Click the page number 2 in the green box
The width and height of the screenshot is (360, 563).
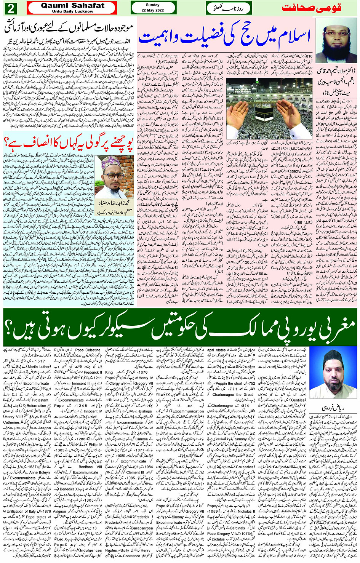tap(10, 8)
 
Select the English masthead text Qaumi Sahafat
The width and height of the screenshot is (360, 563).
tap(72, 5)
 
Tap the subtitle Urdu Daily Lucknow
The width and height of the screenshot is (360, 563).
tap(72, 11)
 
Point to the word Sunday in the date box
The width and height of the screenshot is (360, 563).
tap(153, 5)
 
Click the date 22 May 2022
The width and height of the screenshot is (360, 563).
tap(153, 11)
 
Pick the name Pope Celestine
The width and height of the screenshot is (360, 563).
tap(88, 350)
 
